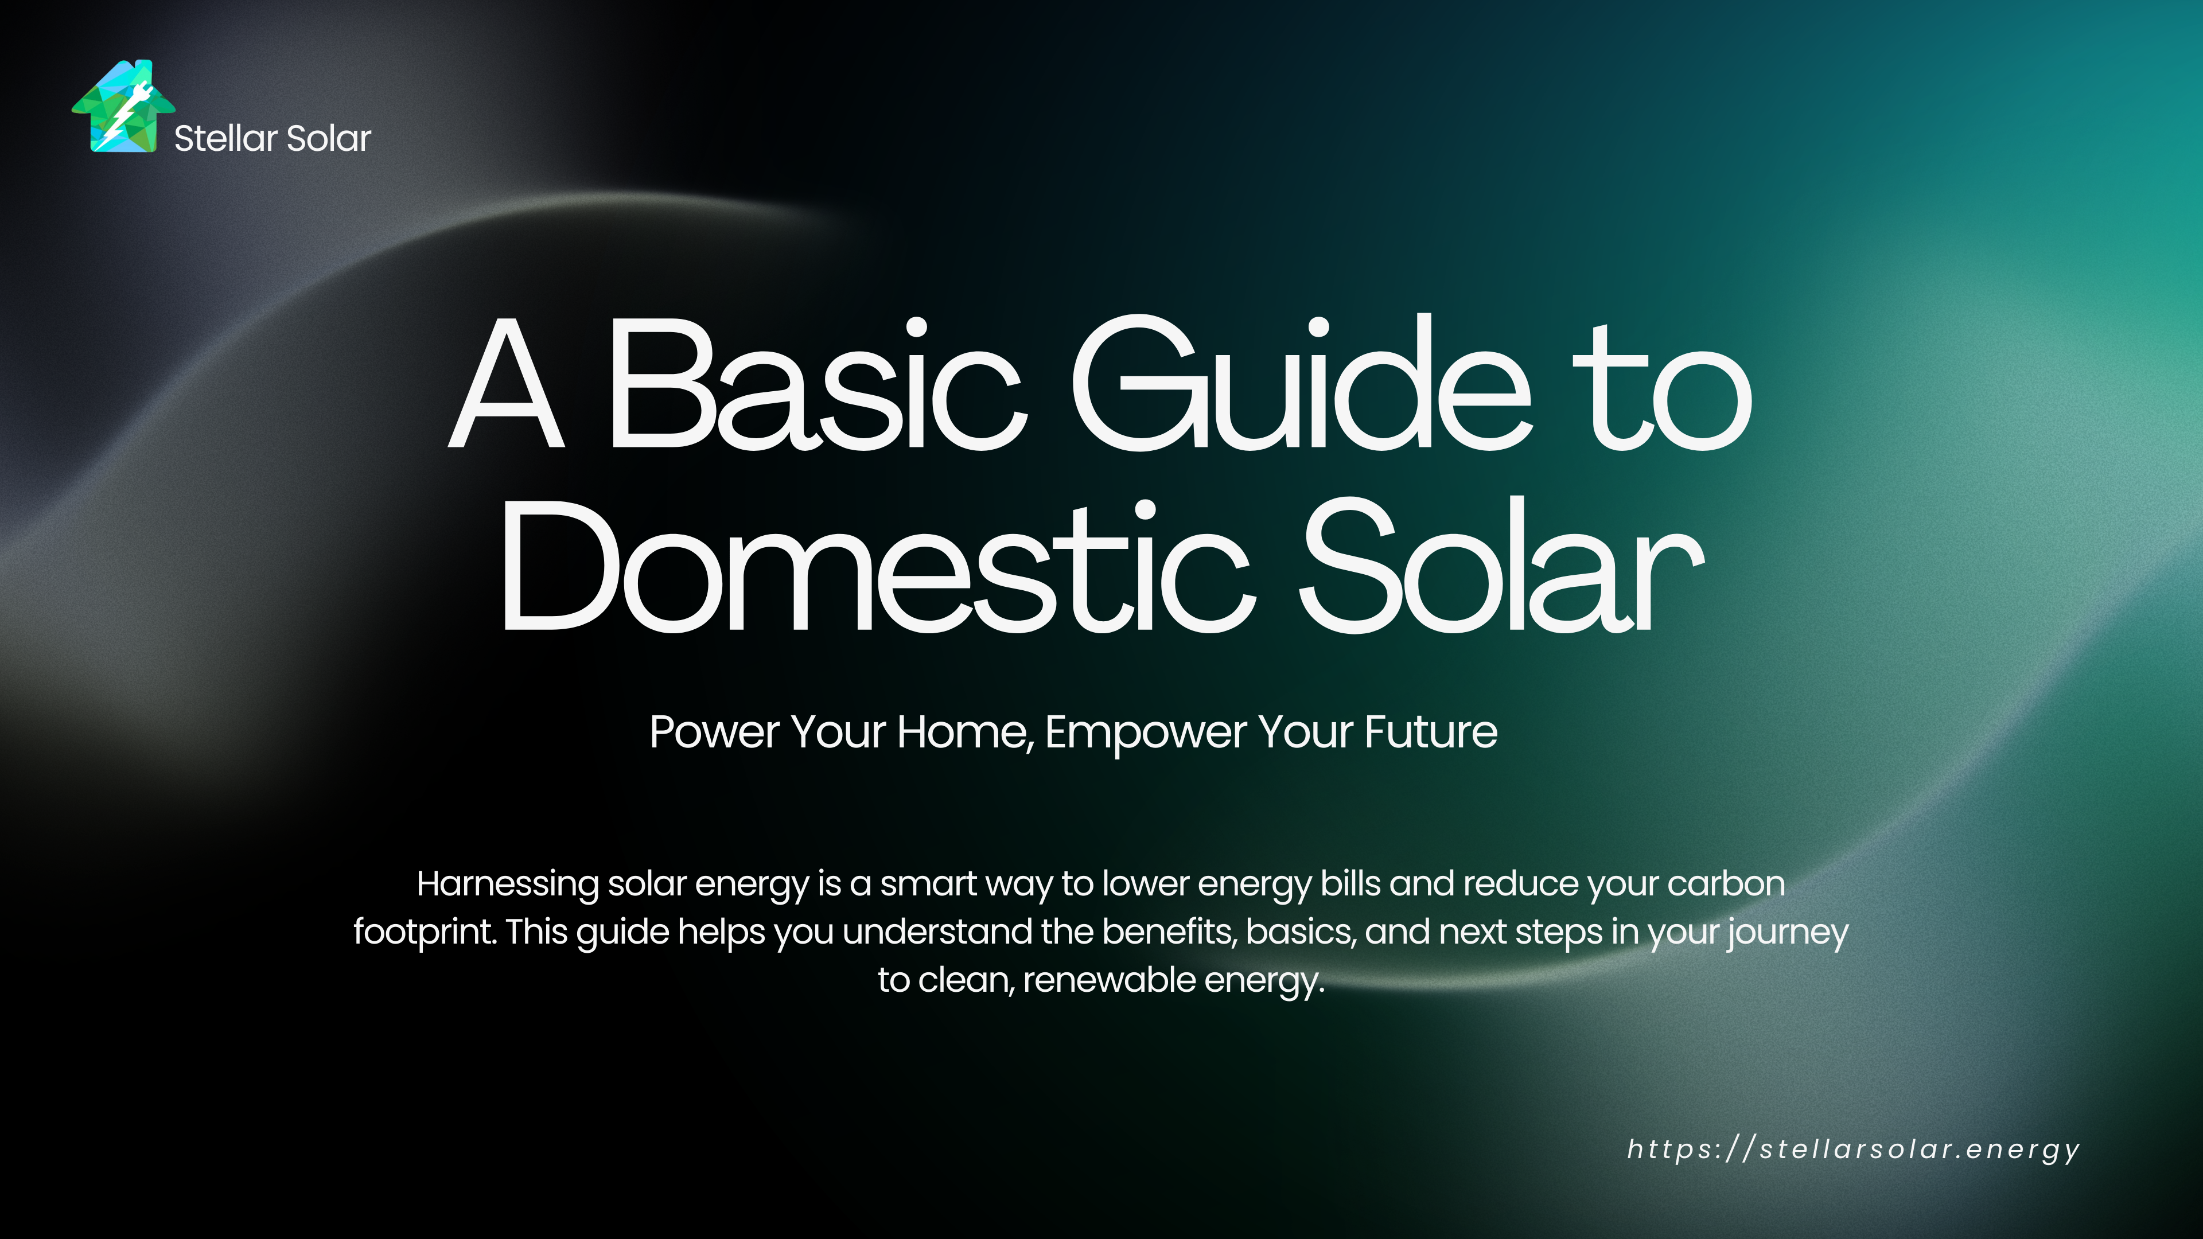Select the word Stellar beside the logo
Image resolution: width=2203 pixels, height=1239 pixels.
(x=226, y=138)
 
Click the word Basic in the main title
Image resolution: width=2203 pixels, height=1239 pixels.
(x=817, y=384)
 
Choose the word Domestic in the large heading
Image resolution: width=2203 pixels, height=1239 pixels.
(x=877, y=566)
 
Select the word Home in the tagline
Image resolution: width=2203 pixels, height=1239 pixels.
(x=966, y=732)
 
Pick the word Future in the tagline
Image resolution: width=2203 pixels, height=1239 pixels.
(x=1431, y=732)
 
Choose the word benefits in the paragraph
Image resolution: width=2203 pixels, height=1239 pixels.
(x=1170, y=932)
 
